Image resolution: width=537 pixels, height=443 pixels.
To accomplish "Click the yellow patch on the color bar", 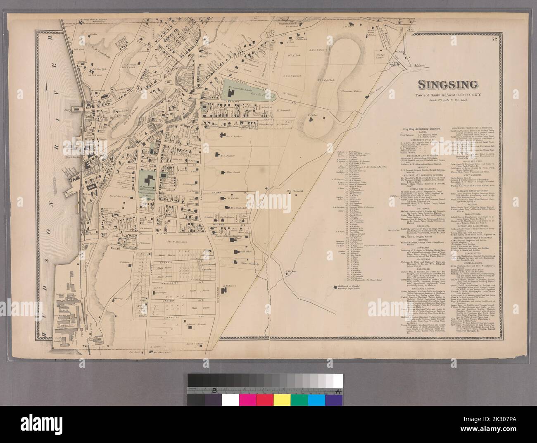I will click(x=281, y=399).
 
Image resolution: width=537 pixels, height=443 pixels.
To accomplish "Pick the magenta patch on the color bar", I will click(x=247, y=399).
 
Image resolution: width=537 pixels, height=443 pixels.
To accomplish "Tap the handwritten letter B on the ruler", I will click(x=214, y=391).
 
